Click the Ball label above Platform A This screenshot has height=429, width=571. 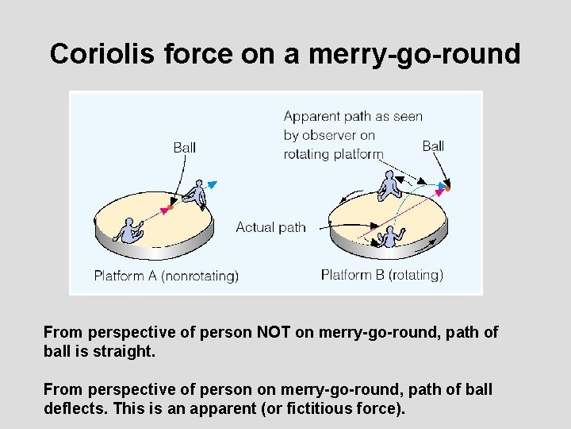point(185,147)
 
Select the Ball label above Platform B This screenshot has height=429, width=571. point(433,145)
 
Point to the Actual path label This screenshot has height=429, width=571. point(270,227)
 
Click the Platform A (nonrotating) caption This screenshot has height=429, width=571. point(166,276)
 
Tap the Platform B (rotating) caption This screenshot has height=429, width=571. point(382,275)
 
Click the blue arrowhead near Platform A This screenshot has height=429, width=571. point(213,184)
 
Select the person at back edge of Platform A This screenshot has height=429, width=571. point(196,194)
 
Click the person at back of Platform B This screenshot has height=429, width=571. point(389,185)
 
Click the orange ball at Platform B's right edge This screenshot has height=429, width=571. point(447,188)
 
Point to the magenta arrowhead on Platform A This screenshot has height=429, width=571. point(167,210)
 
